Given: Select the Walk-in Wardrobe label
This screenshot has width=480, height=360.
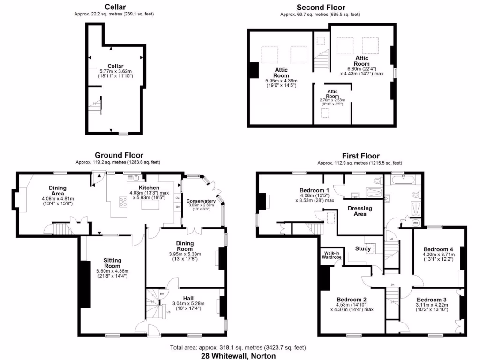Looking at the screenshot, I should pyautogui.click(x=331, y=255).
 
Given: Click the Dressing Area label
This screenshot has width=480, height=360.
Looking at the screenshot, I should pyautogui.click(x=360, y=211).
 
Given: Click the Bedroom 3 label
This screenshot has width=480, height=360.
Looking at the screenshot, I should pyautogui.click(x=432, y=300).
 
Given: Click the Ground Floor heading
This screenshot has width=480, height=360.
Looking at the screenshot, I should pyautogui.click(x=119, y=155).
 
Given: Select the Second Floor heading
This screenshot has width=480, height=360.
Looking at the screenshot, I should pyautogui.click(x=321, y=7).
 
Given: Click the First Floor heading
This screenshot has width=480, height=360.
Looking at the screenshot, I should pyautogui.click(x=360, y=156).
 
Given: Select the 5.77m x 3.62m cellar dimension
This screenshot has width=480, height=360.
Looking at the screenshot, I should pyautogui.click(x=115, y=71).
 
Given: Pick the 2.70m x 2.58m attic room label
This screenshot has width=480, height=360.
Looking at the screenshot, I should pyautogui.click(x=332, y=100).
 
